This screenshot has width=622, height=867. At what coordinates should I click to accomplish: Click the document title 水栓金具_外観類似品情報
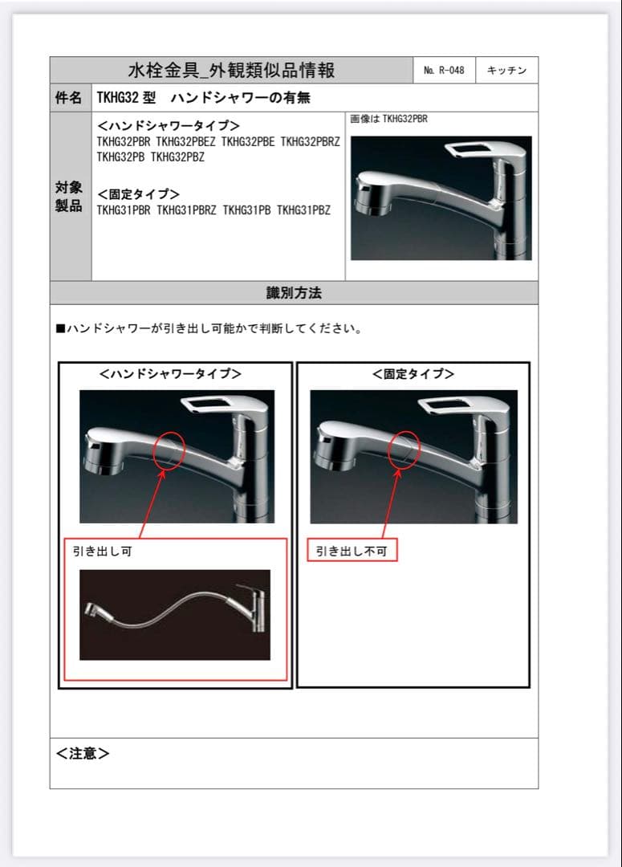(x=231, y=71)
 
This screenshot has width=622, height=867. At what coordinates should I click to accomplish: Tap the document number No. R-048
(x=444, y=71)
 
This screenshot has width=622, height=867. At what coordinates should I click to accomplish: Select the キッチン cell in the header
(x=506, y=71)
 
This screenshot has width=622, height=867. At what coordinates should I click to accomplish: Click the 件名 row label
(x=70, y=98)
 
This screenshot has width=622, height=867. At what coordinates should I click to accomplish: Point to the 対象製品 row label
(x=70, y=197)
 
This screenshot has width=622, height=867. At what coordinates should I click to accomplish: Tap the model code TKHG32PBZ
(x=178, y=157)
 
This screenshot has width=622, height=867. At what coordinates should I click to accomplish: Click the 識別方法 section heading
(x=294, y=293)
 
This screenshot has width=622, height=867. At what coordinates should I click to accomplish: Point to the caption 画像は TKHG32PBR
(x=388, y=120)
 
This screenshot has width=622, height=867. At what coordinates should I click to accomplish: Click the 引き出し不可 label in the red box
(x=352, y=552)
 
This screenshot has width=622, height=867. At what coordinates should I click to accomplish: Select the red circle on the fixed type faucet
(x=403, y=449)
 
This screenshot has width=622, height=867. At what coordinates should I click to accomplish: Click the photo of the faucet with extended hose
(x=175, y=615)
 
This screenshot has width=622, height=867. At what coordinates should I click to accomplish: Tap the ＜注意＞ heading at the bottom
(x=83, y=753)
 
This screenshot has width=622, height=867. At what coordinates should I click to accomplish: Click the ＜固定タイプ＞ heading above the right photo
(x=413, y=374)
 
